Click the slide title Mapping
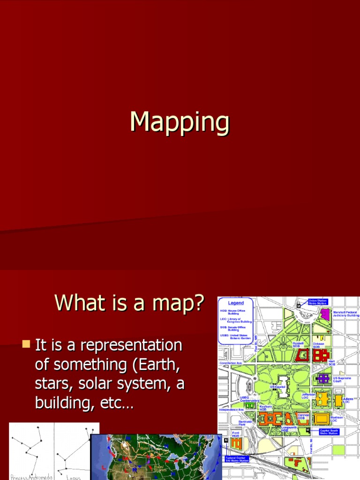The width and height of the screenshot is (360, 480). point(180,122)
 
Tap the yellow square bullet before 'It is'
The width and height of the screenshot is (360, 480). point(26,345)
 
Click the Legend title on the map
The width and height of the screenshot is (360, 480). point(236,303)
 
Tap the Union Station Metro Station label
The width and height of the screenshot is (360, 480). point(318,301)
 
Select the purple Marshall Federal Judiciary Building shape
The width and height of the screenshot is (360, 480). point(325,314)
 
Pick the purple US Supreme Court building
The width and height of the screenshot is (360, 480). point(323,378)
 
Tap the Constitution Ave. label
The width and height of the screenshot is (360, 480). point(230,363)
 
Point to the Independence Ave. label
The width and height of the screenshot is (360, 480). point(232,410)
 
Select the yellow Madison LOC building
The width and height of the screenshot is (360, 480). point(321,418)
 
